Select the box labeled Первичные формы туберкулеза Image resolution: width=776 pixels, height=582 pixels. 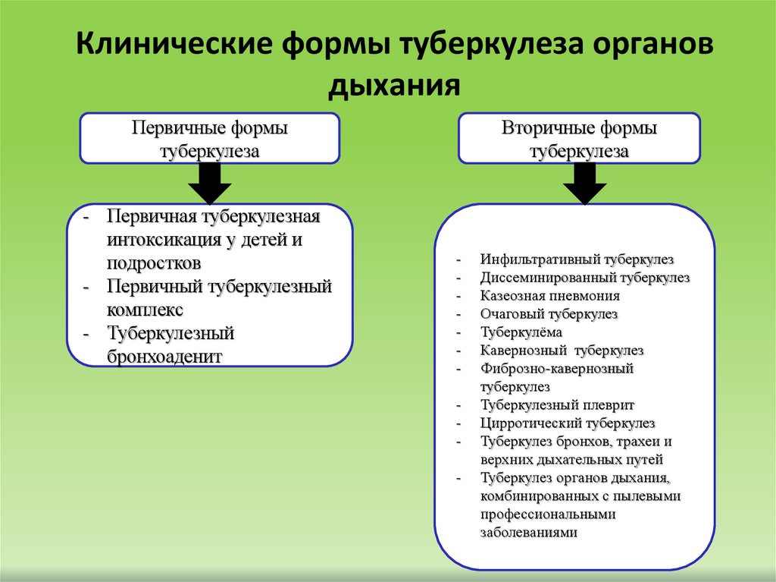[209, 139]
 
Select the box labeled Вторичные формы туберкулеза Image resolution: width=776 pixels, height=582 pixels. [579, 139]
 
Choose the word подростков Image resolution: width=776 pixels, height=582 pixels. [154, 263]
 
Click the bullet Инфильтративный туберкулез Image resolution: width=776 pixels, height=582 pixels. [577, 259]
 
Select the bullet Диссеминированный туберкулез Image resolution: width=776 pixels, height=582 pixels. [584, 278]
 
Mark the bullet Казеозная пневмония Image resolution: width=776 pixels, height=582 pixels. [549, 296]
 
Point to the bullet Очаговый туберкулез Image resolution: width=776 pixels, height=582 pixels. [549, 314]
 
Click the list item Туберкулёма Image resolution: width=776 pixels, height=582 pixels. [521, 332]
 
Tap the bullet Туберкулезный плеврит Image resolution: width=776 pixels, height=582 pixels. [557, 405]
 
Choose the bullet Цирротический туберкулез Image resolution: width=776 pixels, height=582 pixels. [567, 423]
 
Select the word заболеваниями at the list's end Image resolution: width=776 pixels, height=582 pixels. [528, 533]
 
